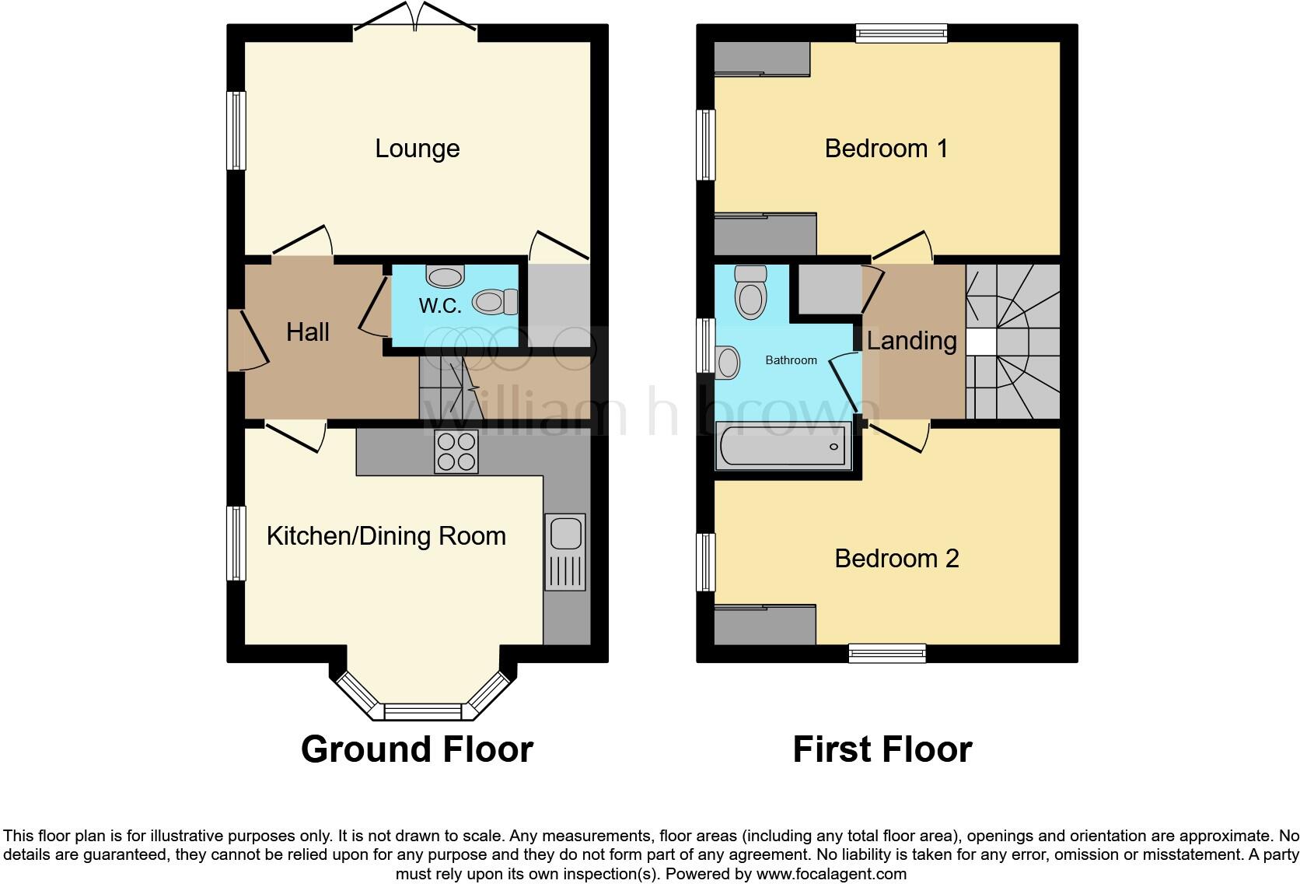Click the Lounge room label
click(x=417, y=148)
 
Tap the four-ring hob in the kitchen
click(x=456, y=451)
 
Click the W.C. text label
click(x=440, y=305)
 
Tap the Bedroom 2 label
click(x=896, y=558)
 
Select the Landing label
click(x=911, y=341)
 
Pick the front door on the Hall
click(x=247, y=339)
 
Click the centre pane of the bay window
click(x=423, y=711)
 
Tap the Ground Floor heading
click(x=417, y=749)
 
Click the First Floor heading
click(x=882, y=749)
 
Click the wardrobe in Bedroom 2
click(x=764, y=624)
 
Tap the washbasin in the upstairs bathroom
click(x=728, y=363)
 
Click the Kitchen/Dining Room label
click(x=386, y=535)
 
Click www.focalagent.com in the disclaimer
click(x=830, y=873)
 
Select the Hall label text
click(x=307, y=332)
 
